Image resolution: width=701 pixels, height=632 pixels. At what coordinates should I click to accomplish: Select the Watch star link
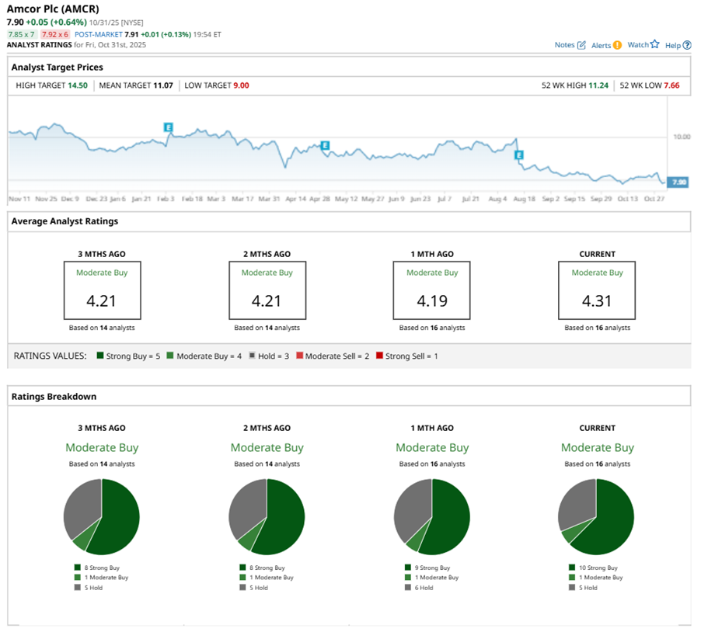tap(643, 45)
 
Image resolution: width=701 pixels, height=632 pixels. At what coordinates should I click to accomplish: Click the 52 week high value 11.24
tap(596, 85)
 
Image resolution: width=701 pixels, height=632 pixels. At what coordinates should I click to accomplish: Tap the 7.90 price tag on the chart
tap(678, 182)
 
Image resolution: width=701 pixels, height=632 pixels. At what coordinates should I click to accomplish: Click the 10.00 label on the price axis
tap(681, 137)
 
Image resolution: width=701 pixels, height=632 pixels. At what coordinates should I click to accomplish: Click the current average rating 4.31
tap(596, 300)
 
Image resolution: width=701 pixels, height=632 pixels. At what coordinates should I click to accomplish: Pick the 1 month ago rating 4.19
tap(431, 300)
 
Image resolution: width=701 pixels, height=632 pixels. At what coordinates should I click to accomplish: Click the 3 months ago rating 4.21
tap(102, 300)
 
